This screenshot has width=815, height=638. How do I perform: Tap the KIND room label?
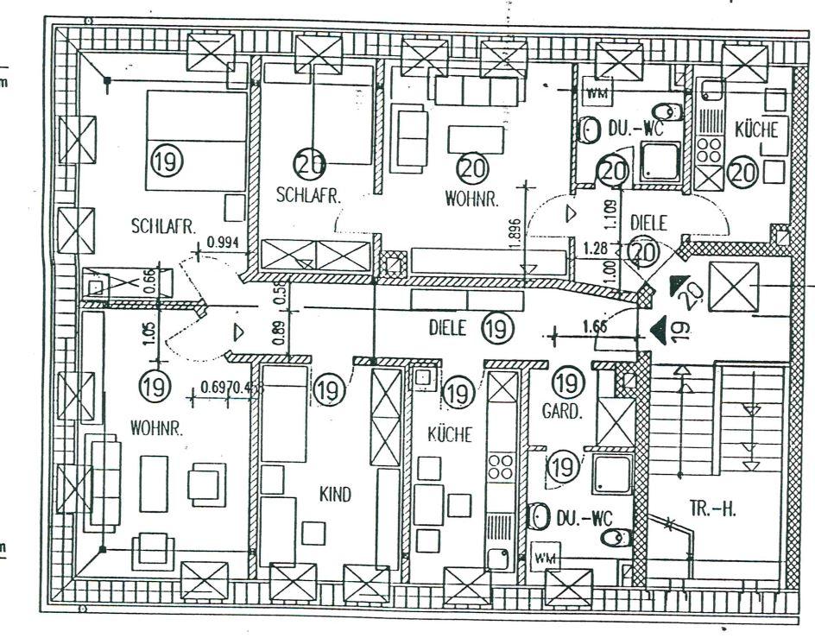(334, 495)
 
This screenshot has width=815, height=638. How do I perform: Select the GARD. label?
(559, 413)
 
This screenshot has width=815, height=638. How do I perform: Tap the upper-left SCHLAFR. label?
(164, 227)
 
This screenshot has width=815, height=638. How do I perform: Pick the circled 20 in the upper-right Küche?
(743, 172)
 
